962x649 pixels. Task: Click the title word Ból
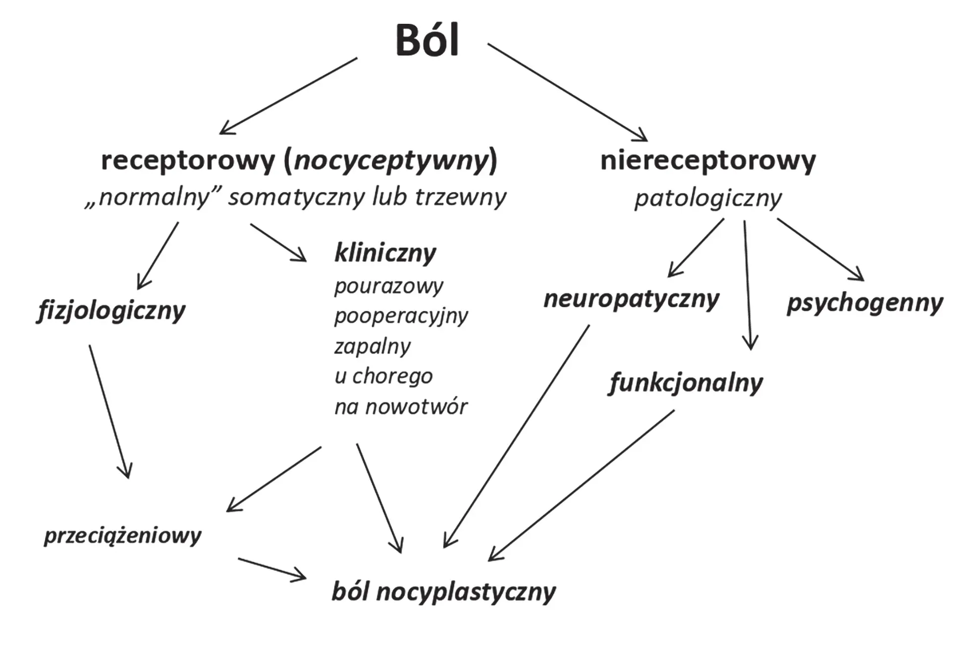coord(427,41)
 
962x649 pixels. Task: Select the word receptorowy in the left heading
coord(188,161)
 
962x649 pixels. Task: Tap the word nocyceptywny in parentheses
coord(391,161)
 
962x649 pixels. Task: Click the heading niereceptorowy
coord(708,161)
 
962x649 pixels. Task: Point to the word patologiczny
coord(708,199)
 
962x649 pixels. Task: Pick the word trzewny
coord(460,197)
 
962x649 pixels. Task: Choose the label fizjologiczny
coord(111,311)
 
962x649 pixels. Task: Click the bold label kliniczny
coord(385,253)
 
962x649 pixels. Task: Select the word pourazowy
coord(389,286)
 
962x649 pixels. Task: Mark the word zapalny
coord(373,346)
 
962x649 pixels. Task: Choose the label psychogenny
coord(865,304)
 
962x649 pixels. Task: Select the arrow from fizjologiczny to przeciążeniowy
coord(109,411)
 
